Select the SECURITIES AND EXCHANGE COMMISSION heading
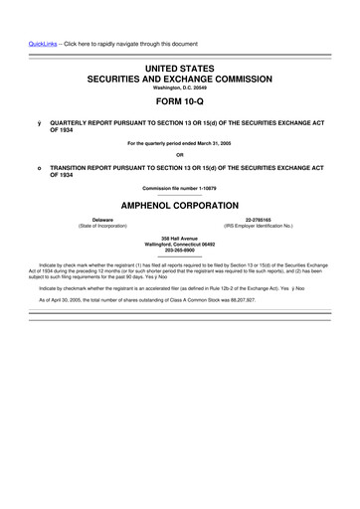click(x=180, y=77)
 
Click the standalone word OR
click(x=180, y=154)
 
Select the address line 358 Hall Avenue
click(x=180, y=239)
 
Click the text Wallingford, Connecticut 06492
click(x=180, y=245)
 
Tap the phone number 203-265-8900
click(x=180, y=251)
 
